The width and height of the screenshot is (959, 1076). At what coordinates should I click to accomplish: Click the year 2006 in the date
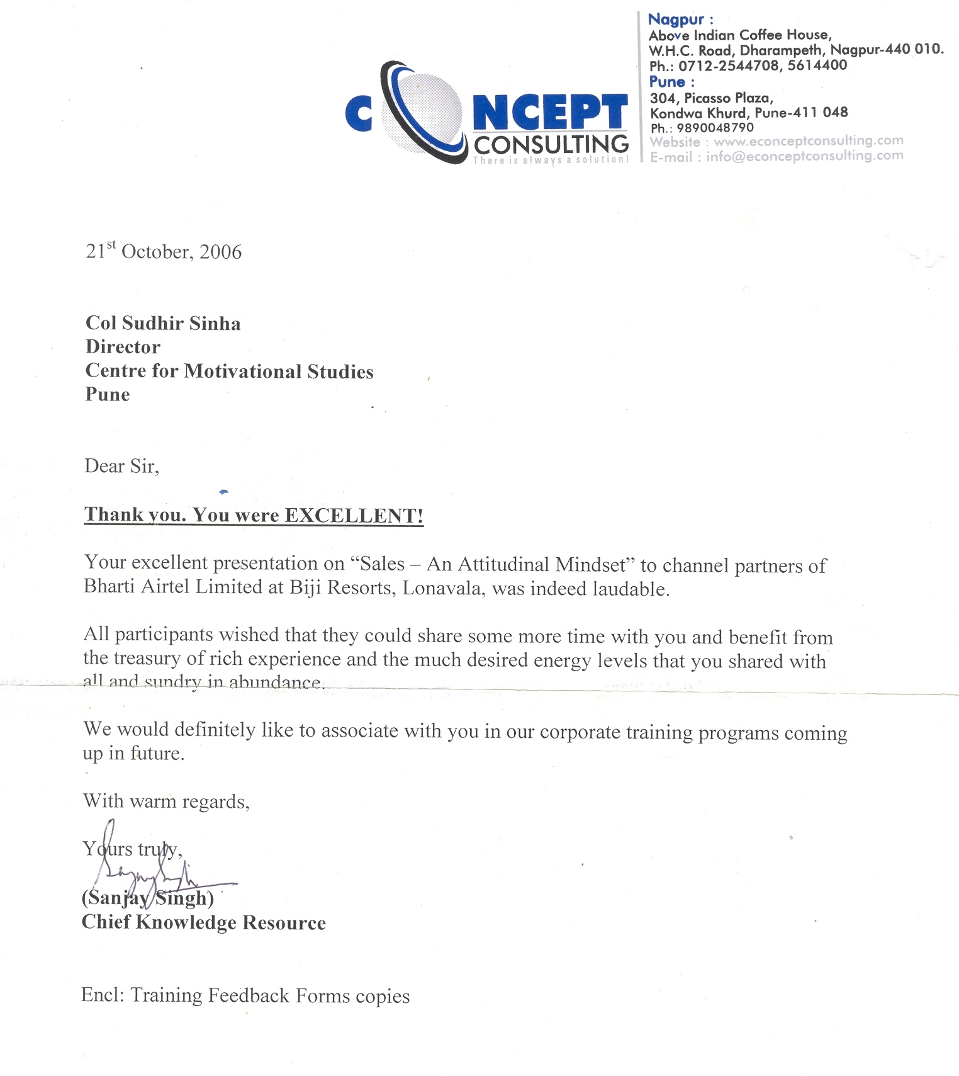click(220, 252)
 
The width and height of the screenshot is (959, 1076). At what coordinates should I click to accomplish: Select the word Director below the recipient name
click(123, 347)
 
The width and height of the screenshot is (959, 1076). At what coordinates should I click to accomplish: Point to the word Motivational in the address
click(243, 371)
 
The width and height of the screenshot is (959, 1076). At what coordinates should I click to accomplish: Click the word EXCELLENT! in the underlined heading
click(354, 516)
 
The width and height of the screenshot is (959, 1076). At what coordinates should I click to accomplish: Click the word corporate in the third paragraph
click(580, 732)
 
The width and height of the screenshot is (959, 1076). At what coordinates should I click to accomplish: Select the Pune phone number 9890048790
click(715, 128)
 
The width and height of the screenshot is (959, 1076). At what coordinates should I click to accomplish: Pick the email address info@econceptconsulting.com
click(804, 156)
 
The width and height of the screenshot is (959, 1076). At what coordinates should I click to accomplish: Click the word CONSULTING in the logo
click(551, 145)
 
